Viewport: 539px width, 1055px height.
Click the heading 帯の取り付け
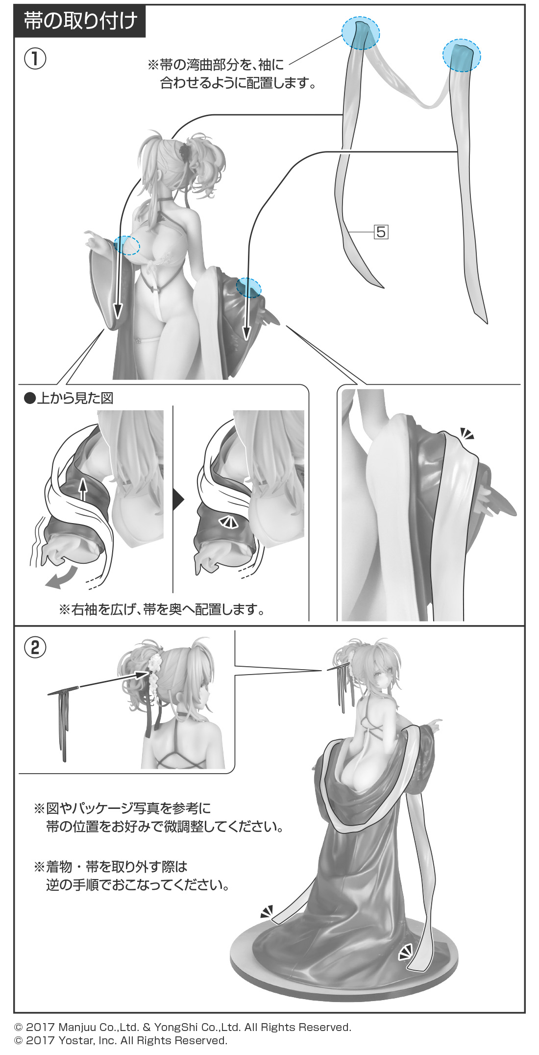pos(80,21)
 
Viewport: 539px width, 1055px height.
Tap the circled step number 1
pos(35,59)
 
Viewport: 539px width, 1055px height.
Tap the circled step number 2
pos(35,648)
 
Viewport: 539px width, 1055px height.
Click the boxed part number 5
pos(381,231)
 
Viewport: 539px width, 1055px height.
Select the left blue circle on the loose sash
pos(361,32)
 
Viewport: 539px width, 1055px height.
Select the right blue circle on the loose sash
pos(462,55)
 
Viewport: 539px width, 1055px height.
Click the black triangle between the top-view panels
pos(178,501)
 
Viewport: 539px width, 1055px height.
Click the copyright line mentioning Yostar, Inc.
pos(121,1040)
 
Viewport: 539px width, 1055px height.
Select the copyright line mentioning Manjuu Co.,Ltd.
pos(183,1027)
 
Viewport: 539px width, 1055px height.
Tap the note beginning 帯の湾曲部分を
pos(232,74)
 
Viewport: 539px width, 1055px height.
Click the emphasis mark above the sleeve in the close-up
pos(467,433)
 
